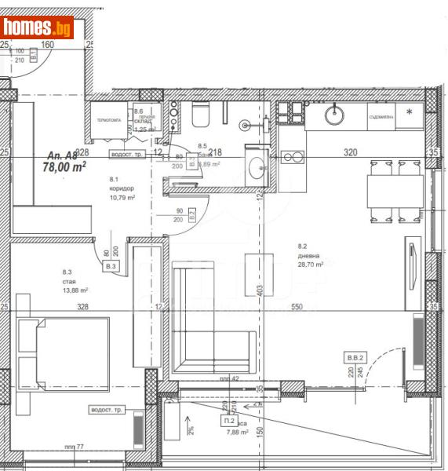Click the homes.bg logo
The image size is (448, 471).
37,29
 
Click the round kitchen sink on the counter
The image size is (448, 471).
334,115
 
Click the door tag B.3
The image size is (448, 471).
111,267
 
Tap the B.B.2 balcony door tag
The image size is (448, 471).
355,357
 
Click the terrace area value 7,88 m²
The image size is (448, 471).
237,431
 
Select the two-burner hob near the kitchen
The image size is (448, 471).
293,157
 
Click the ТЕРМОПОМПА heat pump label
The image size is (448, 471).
108,121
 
